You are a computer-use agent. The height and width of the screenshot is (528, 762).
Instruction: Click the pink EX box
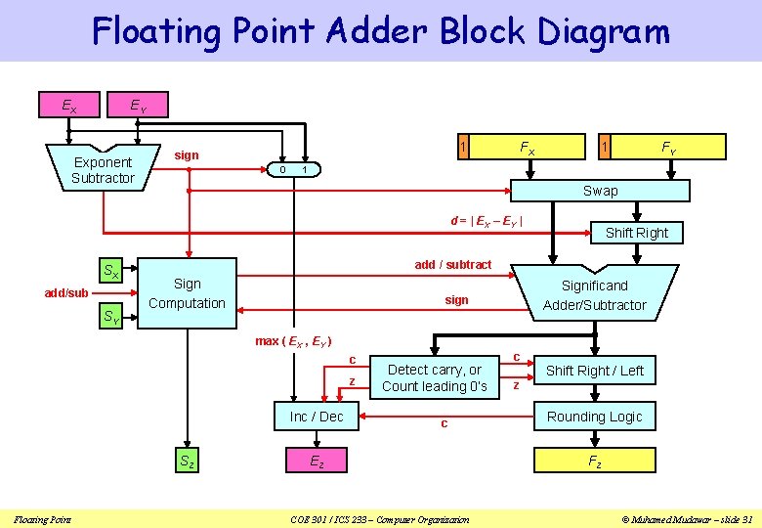(x=69, y=104)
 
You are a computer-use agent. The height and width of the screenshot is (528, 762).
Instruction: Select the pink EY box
(x=140, y=104)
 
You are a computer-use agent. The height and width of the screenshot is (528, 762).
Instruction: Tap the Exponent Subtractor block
(x=103, y=169)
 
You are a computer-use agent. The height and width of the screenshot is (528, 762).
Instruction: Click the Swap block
(x=600, y=191)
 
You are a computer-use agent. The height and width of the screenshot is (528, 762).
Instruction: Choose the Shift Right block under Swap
(x=636, y=233)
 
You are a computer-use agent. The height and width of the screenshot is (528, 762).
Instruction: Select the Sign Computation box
(x=187, y=293)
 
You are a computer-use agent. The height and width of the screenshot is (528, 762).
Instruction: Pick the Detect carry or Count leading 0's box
(x=435, y=377)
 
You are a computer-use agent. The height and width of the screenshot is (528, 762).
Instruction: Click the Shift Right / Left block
(x=594, y=371)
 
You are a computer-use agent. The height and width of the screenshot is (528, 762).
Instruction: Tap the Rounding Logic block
(x=594, y=417)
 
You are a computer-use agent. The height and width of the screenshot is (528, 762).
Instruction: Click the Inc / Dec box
(x=317, y=417)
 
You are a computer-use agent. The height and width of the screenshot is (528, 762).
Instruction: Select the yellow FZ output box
(x=594, y=462)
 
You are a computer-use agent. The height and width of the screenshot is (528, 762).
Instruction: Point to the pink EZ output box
(x=317, y=462)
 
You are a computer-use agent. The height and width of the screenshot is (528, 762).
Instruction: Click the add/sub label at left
(x=66, y=293)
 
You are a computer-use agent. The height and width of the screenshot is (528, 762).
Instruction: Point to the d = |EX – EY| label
(x=486, y=221)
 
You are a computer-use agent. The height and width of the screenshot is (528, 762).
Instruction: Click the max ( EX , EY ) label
(x=292, y=341)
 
